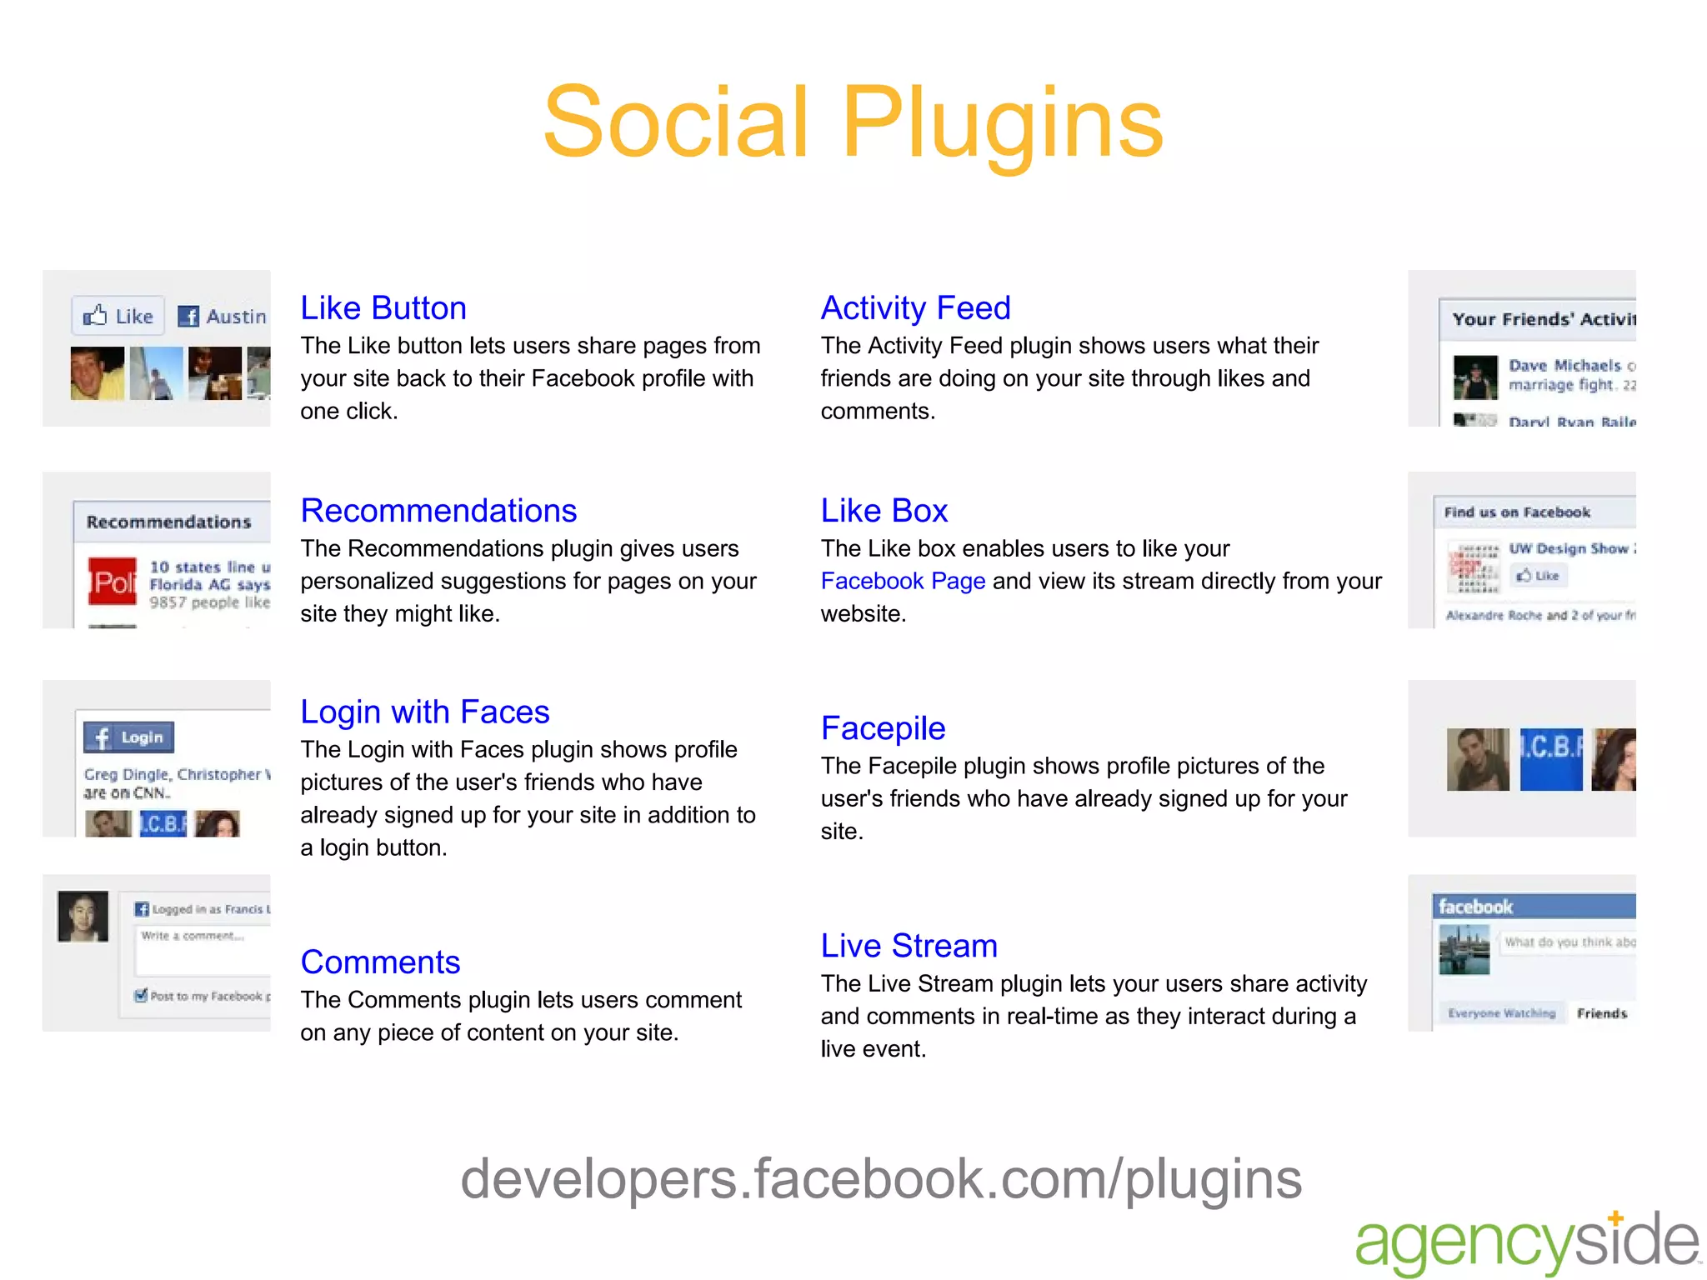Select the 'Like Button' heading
pyautogui.click(x=383, y=308)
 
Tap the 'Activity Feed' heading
pyautogui.click(x=915, y=308)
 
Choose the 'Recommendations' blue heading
pyautogui.click(x=438, y=511)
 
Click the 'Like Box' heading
pyautogui.click(x=884, y=511)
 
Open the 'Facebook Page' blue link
pyautogui.click(x=903, y=581)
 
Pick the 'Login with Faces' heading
pyautogui.click(x=424, y=712)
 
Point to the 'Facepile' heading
pyautogui.click(x=883, y=728)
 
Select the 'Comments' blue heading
pyautogui.click(x=380, y=962)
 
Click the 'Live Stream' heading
pyautogui.click(x=909, y=946)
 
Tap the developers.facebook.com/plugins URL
pyautogui.click(x=881, y=1179)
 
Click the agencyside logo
pyautogui.click(x=1526, y=1242)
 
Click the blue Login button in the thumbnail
pyautogui.click(x=128, y=737)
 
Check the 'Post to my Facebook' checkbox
pyautogui.click(x=141, y=995)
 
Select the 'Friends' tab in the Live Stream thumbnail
pyautogui.click(x=1601, y=1013)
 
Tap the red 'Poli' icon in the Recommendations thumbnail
pyautogui.click(x=113, y=582)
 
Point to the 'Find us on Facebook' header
pyautogui.click(x=1517, y=512)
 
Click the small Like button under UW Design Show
pyautogui.click(x=1538, y=576)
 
